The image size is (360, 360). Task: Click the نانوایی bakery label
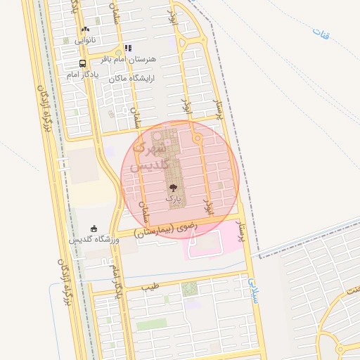[85, 41]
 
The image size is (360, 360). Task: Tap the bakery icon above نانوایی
[85, 30]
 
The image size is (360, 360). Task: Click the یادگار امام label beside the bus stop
[83, 74]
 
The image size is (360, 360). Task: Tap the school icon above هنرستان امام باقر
[128, 49]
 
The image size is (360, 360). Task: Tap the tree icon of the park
[173, 188]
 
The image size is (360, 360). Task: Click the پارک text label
[173, 199]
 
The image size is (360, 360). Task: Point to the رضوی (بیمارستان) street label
[166, 229]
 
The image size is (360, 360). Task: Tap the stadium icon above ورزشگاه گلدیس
[94, 228]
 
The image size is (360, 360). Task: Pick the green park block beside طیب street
[190, 288]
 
